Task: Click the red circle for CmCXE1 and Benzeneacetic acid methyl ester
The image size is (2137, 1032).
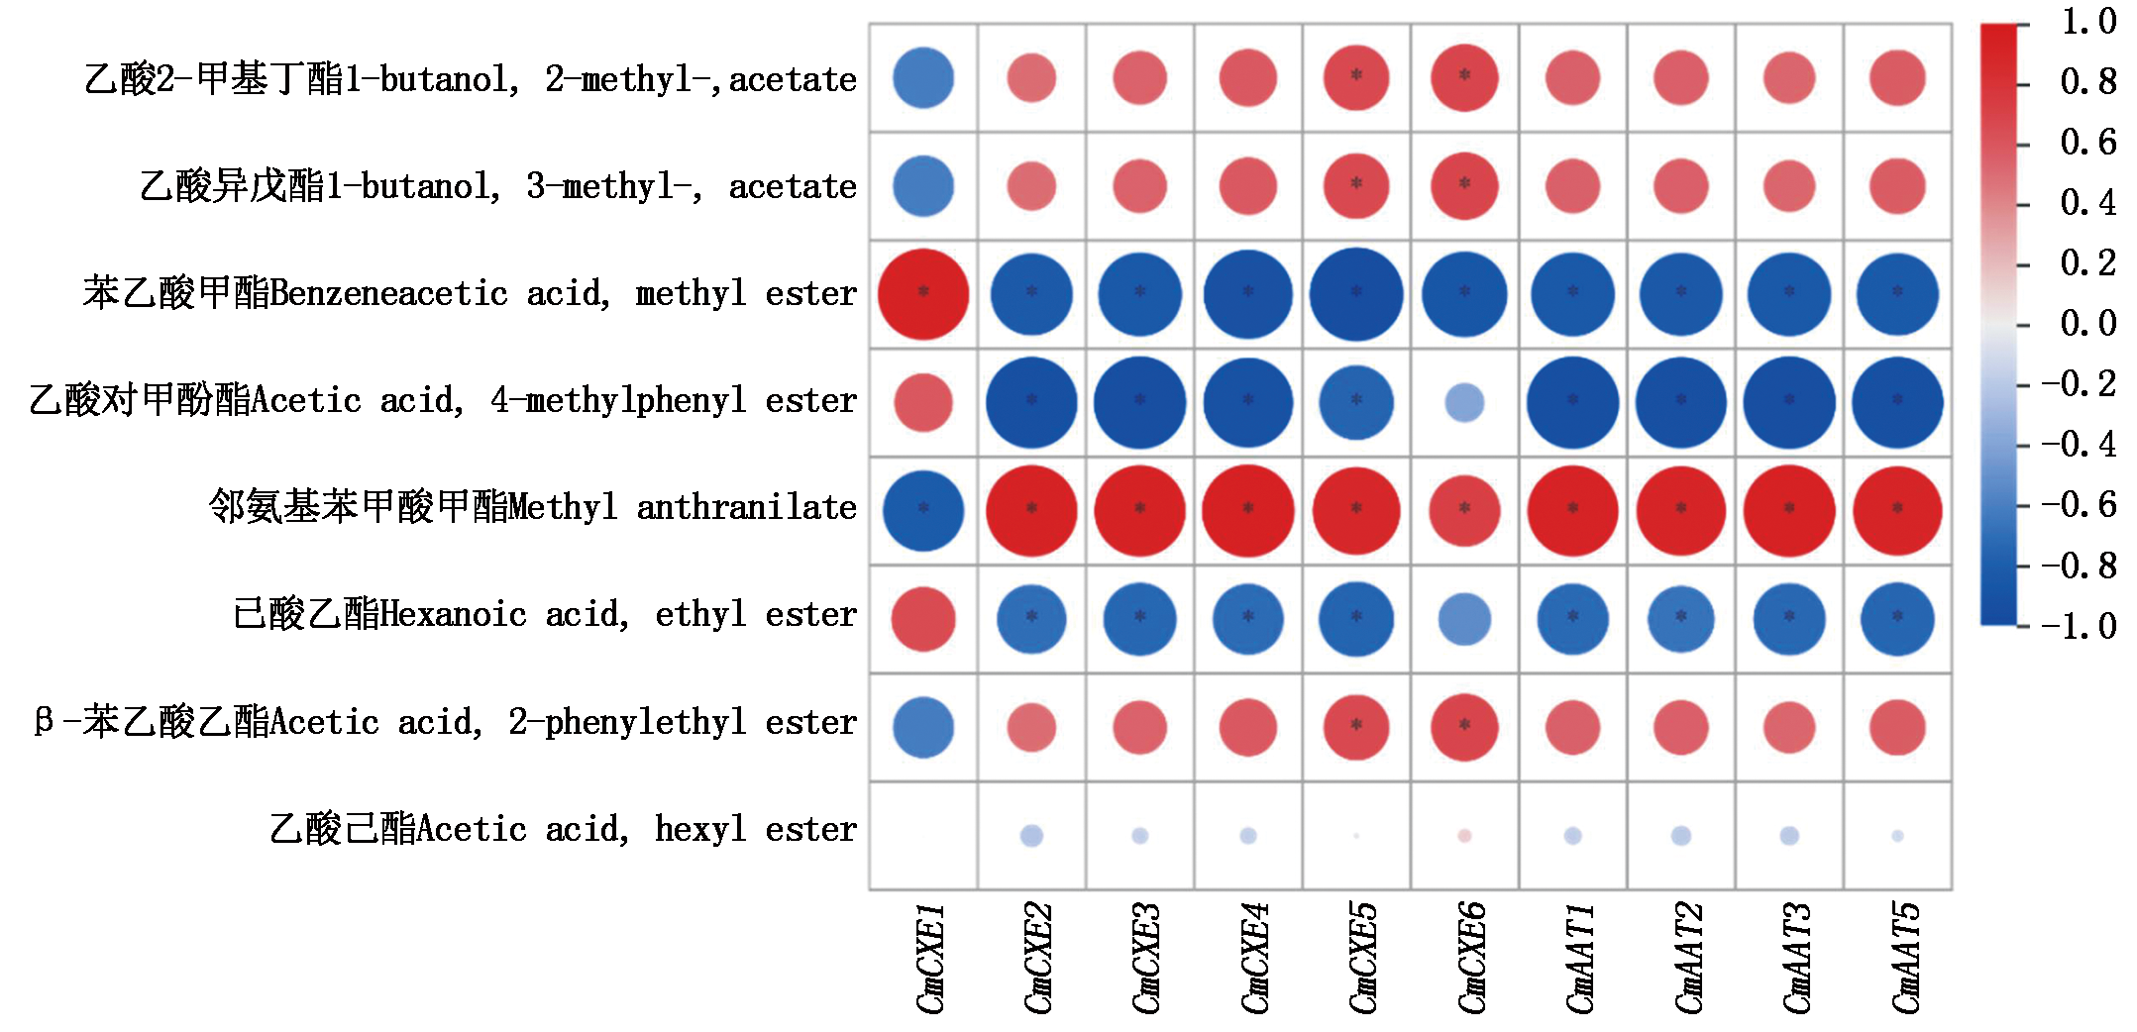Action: click(x=923, y=294)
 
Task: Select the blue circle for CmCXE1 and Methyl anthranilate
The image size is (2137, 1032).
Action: click(x=923, y=510)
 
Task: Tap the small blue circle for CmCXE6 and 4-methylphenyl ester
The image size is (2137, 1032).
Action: click(x=1464, y=402)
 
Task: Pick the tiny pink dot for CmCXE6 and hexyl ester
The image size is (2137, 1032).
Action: click(x=1464, y=836)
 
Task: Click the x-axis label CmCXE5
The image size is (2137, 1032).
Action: click(x=1362, y=958)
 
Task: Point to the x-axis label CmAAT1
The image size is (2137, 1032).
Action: click(x=1579, y=958)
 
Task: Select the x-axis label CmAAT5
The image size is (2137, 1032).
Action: click(x=1905, y=958)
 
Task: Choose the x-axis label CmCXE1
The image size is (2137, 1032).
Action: click(x=929, y=958)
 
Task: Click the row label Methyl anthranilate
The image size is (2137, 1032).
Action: click(x=532, y=507)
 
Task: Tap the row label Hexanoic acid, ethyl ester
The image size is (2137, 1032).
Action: click(x=544, y=614)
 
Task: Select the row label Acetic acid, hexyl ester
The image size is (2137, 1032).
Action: click(x=563, y=829)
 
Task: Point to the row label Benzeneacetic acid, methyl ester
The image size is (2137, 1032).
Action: click(x=470, y=293)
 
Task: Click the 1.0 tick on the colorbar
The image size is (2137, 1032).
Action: click(x=2088, y=22)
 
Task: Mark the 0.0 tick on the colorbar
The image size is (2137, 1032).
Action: click(x=2088, y=324)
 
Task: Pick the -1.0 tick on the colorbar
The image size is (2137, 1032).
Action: click(x=2079, y=626)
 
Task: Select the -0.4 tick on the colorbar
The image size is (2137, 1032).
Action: click(x=2079, y=445)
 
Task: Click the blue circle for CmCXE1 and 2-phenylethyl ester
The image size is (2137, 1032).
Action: click(x=923, y=727)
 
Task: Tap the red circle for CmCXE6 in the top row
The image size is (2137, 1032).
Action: click(x=1464, y=77)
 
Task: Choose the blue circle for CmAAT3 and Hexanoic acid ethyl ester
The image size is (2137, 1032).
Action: click(x=1789, y=619)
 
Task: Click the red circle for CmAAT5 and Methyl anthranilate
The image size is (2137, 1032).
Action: click(x=1897, y=510)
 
